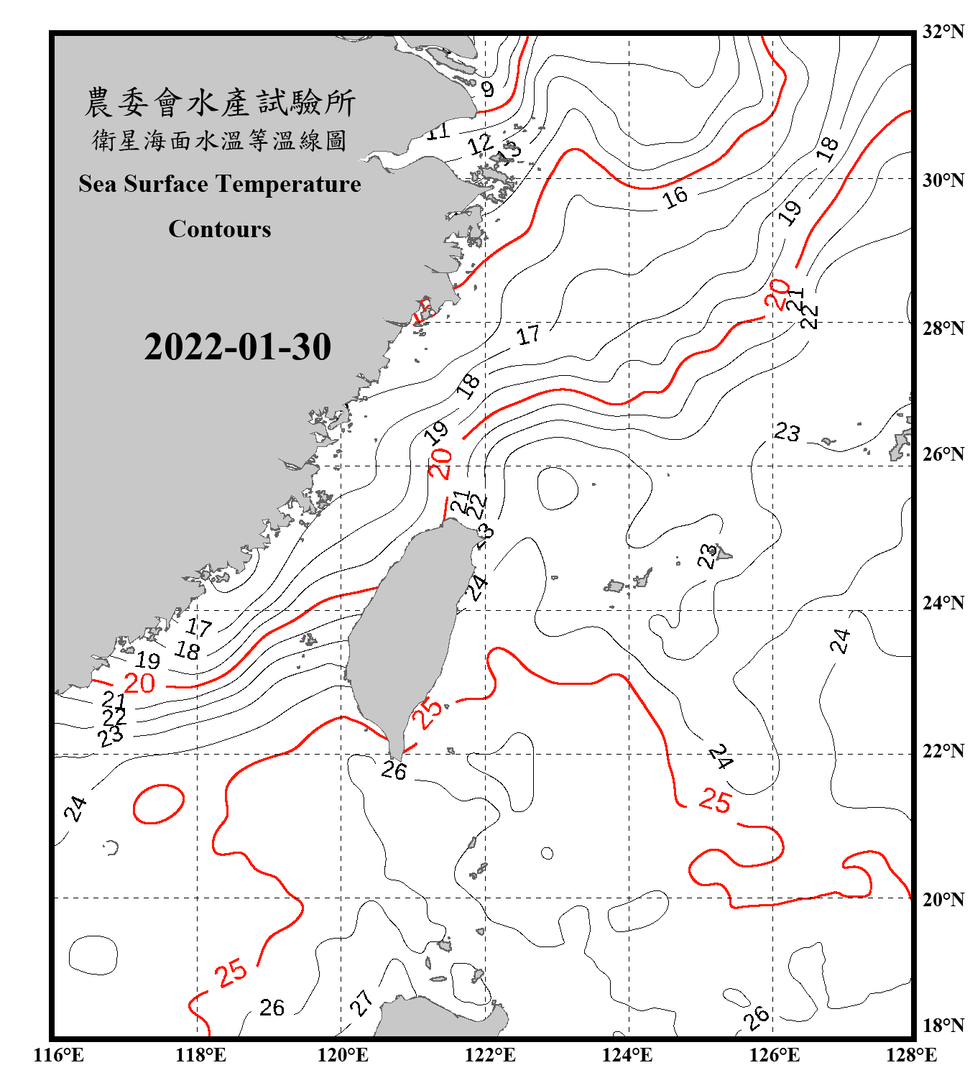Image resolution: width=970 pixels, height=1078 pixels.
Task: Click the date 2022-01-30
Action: pyautogui.click(x=237, y=347)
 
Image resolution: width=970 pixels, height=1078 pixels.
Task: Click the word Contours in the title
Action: pyautogui.click(x=220, y=229)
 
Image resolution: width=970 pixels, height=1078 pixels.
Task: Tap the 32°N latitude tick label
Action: pyautogui.click(x=943, y=32)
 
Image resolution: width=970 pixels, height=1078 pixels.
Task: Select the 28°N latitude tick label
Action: pyautogui.click(x=943, y=328)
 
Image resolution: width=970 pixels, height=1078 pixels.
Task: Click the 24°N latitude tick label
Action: pyautogui.click(x=943, y=603)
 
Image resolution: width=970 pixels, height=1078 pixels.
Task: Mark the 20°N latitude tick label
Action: pyautogui.click(x=943, y=899)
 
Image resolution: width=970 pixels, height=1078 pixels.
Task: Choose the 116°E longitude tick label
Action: pyautogui.click(x=59, y=1055)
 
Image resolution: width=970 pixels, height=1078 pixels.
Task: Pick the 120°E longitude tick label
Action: pyautogui.click(x=343, y=1055)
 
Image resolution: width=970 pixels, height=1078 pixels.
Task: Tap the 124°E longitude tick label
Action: pyautogui.click(x=627, y=1055)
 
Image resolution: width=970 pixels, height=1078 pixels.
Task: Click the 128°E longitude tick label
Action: pyautogui.click(x=911, y=1055)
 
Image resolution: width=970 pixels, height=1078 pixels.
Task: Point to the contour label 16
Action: pyautogui.click(x=675, y=197)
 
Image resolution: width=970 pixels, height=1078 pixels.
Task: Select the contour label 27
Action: pyautogui.click(x=361, y=1002)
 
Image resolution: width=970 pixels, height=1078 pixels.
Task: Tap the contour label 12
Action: pyautogui.click(x=480, y=144)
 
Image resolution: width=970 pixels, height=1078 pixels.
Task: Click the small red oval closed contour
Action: pyautogui.click(x=159, y=803)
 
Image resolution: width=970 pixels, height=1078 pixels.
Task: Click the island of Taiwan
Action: pyautogui.click(x=406, y=632)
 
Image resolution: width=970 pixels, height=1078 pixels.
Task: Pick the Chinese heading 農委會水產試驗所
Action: pyautogui.click(x=220, y=103)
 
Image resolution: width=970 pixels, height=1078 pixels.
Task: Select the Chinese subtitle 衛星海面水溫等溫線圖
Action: pyautogui.click(x=220, y=141)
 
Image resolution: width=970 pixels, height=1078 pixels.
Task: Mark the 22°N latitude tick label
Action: pyautogui.click(x=943, y=751)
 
